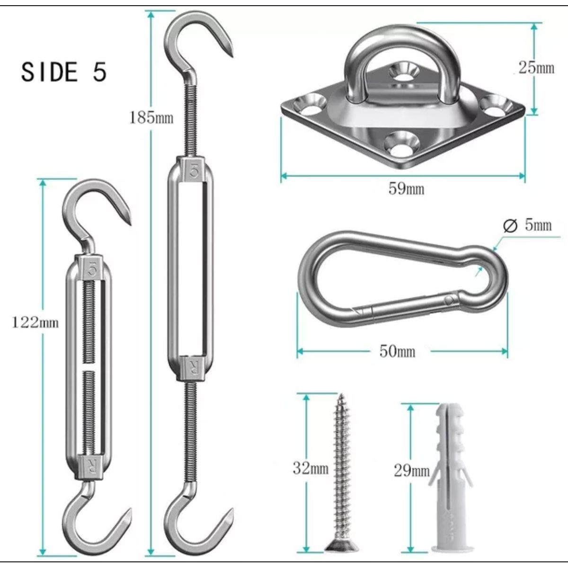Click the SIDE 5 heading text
[x=64, y=71]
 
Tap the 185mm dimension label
[x=151, y=117]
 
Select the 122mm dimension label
[x=35, y=322]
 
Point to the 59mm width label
[x=406, y=188]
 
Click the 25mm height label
[x=536, y=68]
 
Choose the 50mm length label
[x=397, y=351]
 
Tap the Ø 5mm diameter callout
[x=527, y=225]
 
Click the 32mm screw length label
[x=311, y=468]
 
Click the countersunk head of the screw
[x=342, y=536]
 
